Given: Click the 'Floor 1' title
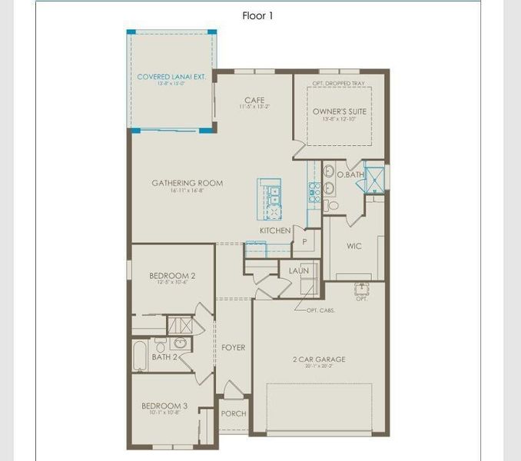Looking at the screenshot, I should [x=257, y=15].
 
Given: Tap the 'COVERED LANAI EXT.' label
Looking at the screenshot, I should [x=171, y=77].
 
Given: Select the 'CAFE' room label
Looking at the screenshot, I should [x=254, y=100].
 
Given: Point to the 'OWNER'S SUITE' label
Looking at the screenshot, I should [x=339, y=111].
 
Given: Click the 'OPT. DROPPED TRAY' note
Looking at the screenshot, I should [x=339, y=82].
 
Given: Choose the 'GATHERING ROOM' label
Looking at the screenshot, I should [x=187, y=183].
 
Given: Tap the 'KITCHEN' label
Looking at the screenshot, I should [x=275, y=230].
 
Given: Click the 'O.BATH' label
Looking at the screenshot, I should [x=350, y=174].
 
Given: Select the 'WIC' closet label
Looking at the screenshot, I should [x=353, y=247].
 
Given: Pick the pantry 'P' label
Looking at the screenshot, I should [x=304, y=241].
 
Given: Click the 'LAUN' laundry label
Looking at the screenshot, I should [x=299, y=270].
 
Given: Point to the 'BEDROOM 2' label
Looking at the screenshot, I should [x=171, y=275].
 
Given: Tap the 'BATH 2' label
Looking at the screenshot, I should [x=164, y=357].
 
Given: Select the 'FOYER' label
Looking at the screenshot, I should [x=234, y=347].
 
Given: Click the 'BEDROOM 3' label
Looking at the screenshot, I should [x=164, y=406].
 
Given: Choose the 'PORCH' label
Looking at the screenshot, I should [x=234, y=413].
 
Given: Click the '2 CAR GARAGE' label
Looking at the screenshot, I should [x=319, y=359].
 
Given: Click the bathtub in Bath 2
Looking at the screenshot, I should [x=141, y=356].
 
